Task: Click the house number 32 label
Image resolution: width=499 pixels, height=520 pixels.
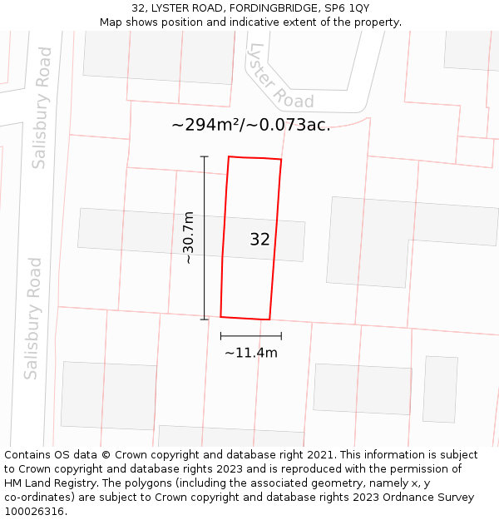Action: pos(259,240)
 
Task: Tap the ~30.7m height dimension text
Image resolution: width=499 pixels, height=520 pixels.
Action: pos(189,238)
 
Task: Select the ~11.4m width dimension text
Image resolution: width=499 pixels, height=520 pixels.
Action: pos(250,353)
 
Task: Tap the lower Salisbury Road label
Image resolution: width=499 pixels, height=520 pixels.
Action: pos(33,318)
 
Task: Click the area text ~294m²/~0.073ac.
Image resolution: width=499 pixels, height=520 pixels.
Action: pos(250,126)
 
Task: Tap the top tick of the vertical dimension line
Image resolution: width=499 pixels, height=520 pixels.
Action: pos(204,156)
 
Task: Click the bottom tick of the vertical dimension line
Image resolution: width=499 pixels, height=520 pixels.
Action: pos(204,319)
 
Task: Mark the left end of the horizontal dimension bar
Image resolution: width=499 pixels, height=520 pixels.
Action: pos(220,336)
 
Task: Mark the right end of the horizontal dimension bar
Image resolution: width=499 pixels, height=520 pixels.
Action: pos(281,336)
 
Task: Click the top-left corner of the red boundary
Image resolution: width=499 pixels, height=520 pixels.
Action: pos(229,156)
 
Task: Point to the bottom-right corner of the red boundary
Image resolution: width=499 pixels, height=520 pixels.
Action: pos(269,319)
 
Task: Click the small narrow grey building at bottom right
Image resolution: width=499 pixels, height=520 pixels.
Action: pos(440,389)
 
